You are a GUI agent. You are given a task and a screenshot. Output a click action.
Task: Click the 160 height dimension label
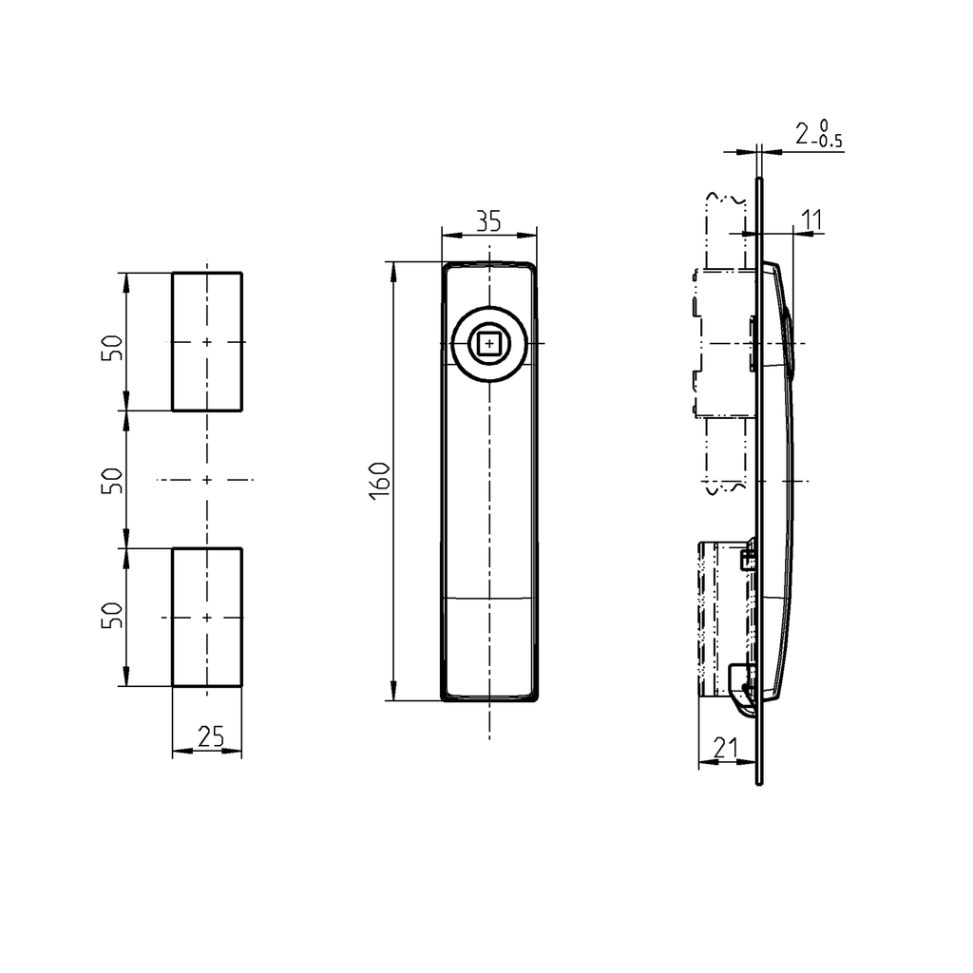click(379, 480)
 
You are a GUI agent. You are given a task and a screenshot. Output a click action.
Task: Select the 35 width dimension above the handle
click(488, 221)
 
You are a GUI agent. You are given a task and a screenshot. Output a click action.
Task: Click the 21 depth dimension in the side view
click(725, 748)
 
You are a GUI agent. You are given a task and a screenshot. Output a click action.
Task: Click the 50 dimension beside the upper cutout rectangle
click(113, 347)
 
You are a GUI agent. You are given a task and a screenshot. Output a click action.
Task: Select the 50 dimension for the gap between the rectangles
click(113, 480)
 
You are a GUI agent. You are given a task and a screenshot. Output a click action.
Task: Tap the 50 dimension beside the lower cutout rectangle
click(113, 615)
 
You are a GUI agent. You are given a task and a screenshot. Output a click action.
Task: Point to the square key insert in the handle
click(489, 342)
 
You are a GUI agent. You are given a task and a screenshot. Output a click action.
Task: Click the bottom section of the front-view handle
click(489, 650)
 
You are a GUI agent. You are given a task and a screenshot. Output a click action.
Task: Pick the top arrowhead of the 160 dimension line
click(393, 269)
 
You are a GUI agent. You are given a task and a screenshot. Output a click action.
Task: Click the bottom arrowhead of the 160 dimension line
click(393, 693)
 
